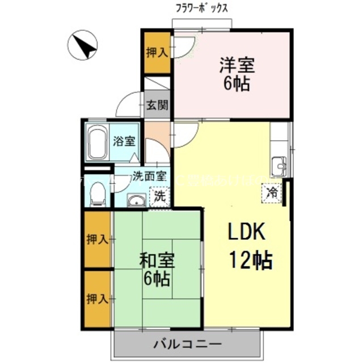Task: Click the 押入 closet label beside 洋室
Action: (x=157, y=53)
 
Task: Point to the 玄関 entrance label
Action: (x=157, y=104)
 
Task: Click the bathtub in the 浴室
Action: (x=98, y=142)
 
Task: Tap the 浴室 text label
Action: (x=124, y=141)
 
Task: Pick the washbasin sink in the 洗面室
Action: (x=135, y=200)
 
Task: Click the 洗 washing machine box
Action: (x=160, y=196)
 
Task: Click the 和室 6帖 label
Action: (x=157, y=269)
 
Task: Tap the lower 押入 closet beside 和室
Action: (x=98, y=298)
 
